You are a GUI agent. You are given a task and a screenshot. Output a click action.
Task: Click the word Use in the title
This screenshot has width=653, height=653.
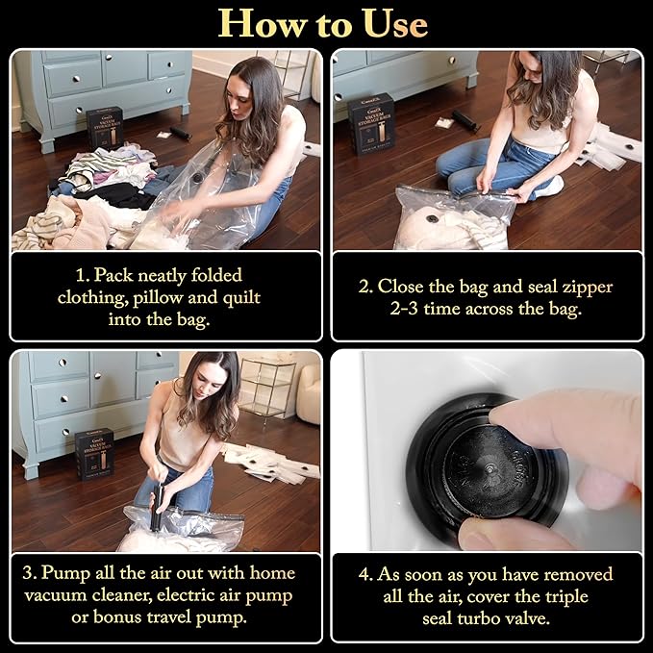point(395,24)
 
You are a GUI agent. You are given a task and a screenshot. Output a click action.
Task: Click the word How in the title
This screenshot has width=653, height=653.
point(262,24)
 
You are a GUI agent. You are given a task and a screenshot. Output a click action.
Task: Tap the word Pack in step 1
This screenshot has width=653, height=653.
point(113,275)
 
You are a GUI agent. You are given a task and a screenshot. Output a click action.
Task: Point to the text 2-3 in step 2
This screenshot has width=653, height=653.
point(404,309)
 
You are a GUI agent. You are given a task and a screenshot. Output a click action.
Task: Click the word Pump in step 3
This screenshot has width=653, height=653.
point(65,573)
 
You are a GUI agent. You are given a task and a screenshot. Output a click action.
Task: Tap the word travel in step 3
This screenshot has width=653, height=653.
point(168,617)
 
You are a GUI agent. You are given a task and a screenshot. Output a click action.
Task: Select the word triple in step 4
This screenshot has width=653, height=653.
point(565,597)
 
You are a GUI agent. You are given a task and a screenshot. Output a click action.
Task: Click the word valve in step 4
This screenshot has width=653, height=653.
point(529,618)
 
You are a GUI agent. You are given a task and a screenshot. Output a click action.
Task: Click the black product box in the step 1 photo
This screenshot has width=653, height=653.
point(105,128)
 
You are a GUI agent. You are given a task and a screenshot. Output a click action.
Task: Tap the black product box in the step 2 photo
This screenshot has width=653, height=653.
point(371,124)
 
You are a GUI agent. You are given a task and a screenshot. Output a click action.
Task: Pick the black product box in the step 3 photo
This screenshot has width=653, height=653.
point(94,454)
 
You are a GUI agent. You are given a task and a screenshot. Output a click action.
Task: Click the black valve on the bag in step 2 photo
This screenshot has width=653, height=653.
point(433,218)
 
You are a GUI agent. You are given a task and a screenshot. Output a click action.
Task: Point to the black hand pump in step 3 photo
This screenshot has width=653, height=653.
point(157,507)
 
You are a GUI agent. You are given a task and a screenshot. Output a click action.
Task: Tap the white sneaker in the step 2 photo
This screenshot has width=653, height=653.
point(550,187)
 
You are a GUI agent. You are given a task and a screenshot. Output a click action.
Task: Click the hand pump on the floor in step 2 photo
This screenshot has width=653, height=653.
point(465,120)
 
